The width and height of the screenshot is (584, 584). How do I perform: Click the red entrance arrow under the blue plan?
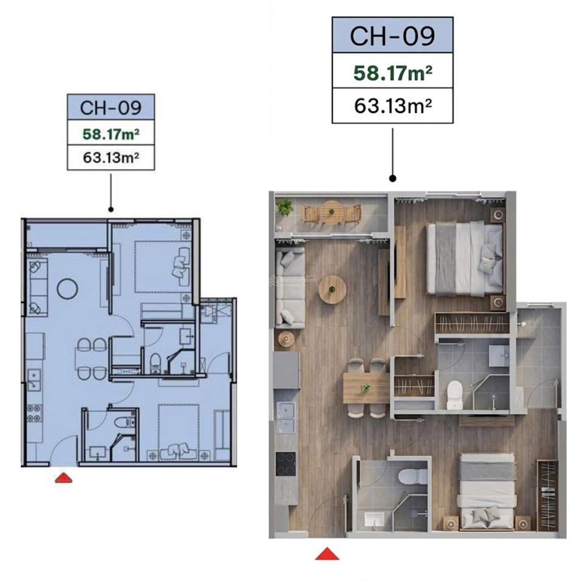[x=63, y=478]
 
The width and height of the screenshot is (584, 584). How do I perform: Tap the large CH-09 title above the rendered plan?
[x=392, y=36]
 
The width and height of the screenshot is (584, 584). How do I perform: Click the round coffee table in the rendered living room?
[x=332, y=290]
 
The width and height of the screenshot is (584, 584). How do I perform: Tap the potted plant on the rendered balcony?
[x=285, y=207]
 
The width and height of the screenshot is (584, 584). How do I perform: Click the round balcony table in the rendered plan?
[x=332, y=212]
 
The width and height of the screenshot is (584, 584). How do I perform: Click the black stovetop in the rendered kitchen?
[x=285, y=464]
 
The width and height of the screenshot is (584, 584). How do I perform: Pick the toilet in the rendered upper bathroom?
[x=454, y=395]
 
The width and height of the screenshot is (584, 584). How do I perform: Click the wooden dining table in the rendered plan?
[x=366, y=388]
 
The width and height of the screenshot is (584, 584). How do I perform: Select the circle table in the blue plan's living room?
[x=67, y=288]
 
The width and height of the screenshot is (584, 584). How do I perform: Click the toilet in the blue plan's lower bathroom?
[x=123, y=420]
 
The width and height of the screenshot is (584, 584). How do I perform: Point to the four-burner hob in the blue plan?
[x=33, y=413]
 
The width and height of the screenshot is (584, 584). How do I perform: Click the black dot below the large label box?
[x=392, y=179]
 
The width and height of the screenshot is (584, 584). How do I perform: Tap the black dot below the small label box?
[x=111, y=209]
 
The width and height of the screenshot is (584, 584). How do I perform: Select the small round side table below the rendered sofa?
[x=286, y=338]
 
